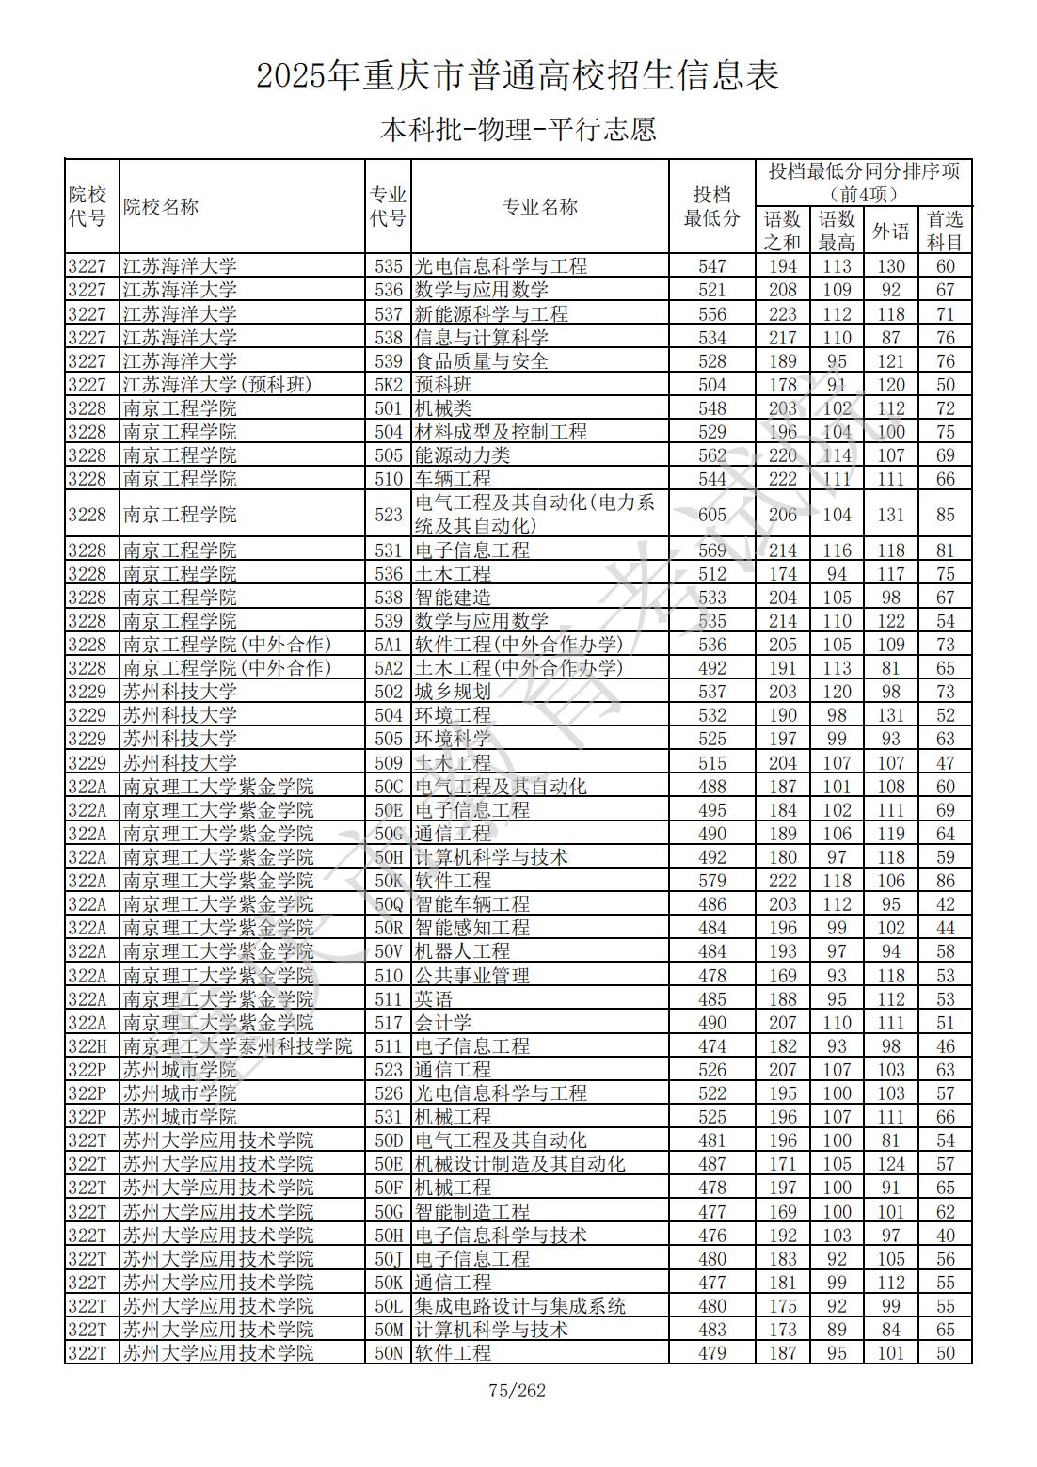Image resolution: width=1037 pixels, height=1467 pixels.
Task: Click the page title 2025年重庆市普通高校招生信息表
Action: (x=518, y=76)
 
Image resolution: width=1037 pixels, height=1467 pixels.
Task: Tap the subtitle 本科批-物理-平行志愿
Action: (x=518, y=129)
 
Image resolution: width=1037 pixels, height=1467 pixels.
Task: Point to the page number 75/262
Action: (x=518, y=1391)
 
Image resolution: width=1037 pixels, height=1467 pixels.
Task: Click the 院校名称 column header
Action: (x=161, y=207)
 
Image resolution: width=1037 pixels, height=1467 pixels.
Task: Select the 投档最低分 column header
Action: (x=711, y=207)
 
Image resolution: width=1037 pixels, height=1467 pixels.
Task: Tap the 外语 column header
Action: (x=890, y=231)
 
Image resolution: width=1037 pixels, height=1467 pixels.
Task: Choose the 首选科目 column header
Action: (x=945, y=231)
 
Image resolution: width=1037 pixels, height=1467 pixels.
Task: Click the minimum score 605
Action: (x=711, y=515)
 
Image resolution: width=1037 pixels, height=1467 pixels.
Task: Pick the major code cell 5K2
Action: (x=388, y=385)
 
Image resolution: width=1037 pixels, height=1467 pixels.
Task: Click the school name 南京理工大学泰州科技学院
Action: (x=237, y=1046)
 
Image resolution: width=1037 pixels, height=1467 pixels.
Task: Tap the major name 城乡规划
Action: (x=453, y=692)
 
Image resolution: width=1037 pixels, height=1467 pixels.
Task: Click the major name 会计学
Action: (x=443, y=1023)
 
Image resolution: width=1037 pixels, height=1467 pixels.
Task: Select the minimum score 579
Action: (x=711, y=881)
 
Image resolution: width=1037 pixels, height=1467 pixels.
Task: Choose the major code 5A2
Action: (x=388, y=668)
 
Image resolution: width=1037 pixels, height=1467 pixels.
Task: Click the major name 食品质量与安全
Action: (x=482, y=361)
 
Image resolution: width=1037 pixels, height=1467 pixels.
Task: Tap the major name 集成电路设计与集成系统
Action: (x=520, y=1306)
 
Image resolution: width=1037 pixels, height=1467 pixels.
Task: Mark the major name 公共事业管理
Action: (x=472, y=976)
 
